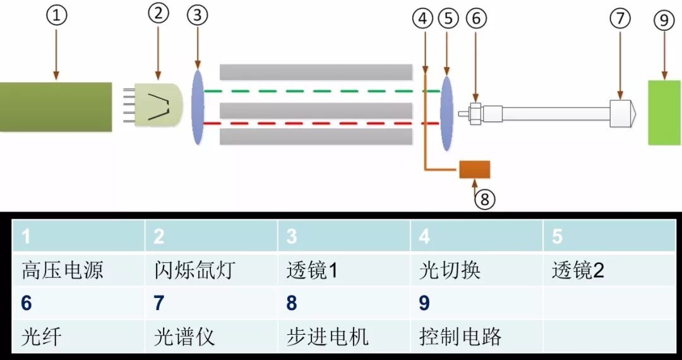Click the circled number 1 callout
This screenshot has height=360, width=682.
(56, 16)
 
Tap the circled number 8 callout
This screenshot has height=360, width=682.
(484, 199)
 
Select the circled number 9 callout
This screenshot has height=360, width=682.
(664, 20)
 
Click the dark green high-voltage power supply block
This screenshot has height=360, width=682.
(56, 107)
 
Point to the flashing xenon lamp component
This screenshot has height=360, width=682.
(158, 104)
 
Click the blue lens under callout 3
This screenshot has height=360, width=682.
(198, 107)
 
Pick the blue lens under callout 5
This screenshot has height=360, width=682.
(446, 114)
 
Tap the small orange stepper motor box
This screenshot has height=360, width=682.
(474, 169)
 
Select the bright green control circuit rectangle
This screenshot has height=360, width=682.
(664, 112)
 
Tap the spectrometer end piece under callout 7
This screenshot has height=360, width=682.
(622, 114)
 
